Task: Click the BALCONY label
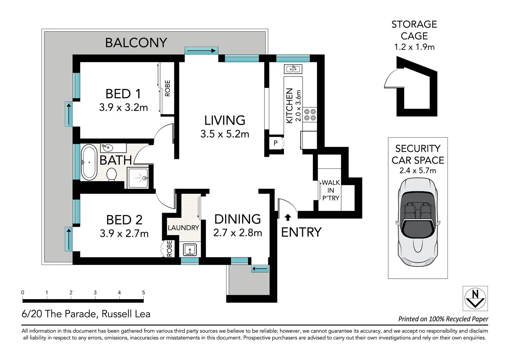pos(136,43)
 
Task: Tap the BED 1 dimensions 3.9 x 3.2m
pos(123,107)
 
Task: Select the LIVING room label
pos(225,120)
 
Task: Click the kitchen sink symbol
pos(293,69)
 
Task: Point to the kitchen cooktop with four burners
pos(310,114)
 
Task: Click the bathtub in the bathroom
pos(89,162)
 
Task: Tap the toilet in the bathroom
pos(111,174)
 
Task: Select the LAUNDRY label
pos(183,228)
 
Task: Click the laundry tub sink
pos(190,250)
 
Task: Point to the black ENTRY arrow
pos(288,217)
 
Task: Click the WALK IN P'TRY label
pos(331,190)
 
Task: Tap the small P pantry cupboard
pos(276,143)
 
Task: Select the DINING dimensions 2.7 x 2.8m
pos(238,233)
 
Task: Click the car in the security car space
pos(418,222)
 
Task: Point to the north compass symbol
pos(475,298)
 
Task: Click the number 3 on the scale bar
pos(95,293)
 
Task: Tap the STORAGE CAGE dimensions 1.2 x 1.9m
pos(414,47)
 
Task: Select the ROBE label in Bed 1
pos(167,88)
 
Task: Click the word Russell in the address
pos(114,314)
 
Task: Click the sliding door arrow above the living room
pos(201,50)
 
